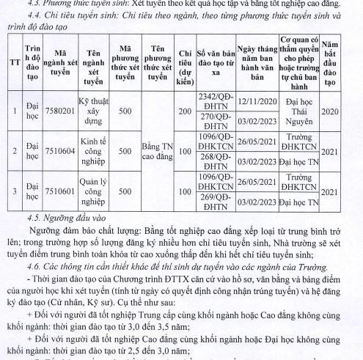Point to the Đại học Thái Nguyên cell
302,111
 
